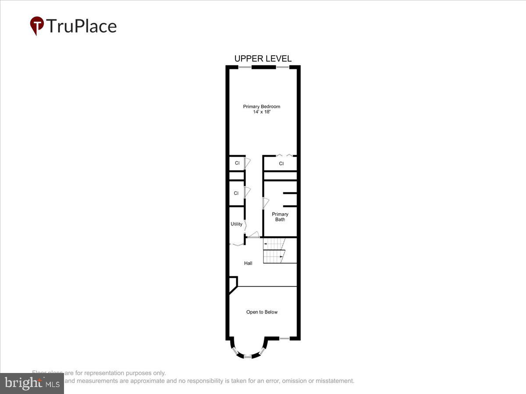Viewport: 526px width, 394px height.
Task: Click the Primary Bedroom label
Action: [x=262, y=106]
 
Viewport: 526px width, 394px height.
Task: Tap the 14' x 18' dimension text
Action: [x=262, y=112]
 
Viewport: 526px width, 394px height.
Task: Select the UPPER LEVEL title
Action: [x=263, y=59]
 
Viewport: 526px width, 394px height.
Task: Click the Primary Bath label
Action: [x=280, y=217]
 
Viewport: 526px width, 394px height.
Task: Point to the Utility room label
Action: [x=236, y=224]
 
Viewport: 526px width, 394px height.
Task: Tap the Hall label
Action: [x=248, y=263]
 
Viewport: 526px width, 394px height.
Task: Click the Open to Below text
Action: [x=262, y=312]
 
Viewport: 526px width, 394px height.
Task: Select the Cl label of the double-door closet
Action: [x=281, y=164]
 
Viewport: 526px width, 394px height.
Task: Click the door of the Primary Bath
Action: [x=265, y=203]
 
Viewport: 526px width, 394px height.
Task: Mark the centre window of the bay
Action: [x=248, y=357]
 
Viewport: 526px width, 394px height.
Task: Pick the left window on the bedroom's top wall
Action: [x=245, y=67]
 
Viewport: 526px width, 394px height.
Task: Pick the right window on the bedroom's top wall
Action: [x=282, y=67]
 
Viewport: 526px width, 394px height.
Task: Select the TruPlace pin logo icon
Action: [x=36, y=25]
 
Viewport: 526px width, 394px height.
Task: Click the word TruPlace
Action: [x=81, y=26]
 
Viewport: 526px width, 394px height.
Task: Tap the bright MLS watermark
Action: [x=32, y=383]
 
